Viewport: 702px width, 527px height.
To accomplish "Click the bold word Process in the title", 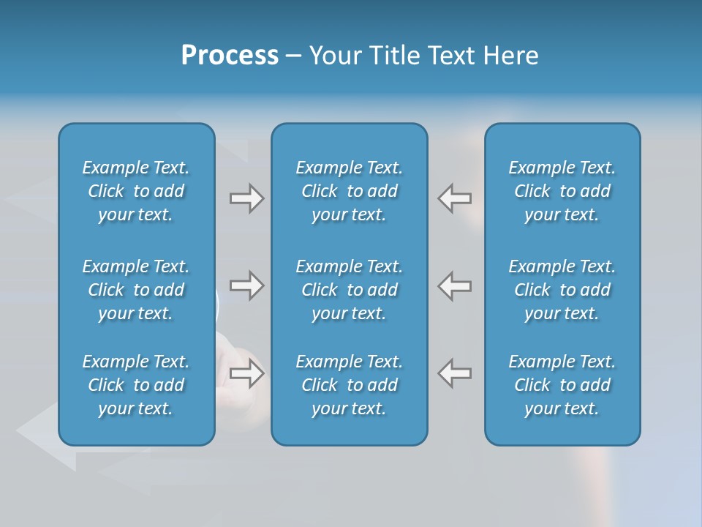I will (230, 56).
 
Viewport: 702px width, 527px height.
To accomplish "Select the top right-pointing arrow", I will (247, 198).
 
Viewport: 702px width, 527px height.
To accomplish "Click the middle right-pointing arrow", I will (247, 285).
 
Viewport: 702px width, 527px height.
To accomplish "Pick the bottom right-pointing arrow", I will (247, 373).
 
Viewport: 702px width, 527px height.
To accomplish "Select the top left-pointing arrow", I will (455, 198).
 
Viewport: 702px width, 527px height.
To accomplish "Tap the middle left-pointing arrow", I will (455, 285).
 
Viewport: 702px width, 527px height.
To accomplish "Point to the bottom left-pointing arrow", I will (455, 373).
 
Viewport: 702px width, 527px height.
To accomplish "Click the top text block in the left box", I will (136, 191).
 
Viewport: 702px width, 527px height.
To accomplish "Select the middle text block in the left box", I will (136, 290).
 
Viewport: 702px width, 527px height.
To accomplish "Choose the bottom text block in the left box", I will (136, 385).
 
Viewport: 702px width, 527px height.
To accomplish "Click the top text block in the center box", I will (349, 191).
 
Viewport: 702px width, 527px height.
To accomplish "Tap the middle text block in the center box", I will (349, 290).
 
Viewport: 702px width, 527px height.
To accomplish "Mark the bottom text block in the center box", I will (349, 385).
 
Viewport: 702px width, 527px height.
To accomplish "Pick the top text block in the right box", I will (562, 191).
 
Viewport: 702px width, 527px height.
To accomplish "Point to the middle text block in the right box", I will (562, 290).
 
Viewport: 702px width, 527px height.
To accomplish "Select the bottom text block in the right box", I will (562, 385).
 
